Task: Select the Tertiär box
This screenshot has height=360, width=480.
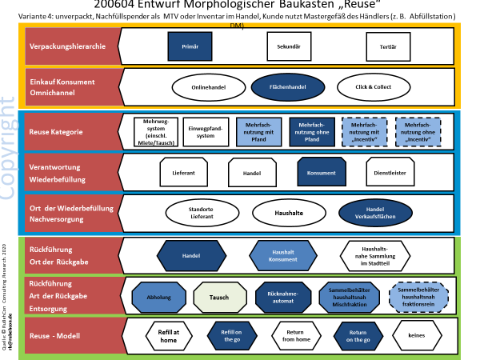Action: coord(387,46)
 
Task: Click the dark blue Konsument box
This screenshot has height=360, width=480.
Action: coord(320,172)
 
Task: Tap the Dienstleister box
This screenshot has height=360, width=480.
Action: coord(390,172)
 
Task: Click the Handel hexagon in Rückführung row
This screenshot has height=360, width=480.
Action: coord(190,256)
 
